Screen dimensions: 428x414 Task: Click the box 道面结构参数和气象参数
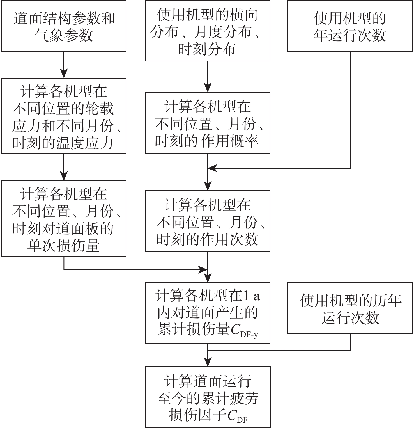click(64, 26)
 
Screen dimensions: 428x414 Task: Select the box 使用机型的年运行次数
click(350, 26)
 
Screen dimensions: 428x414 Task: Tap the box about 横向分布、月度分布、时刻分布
click(207, 31)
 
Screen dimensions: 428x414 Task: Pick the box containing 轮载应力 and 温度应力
click(64, 116)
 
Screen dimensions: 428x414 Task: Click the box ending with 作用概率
click(207, 123)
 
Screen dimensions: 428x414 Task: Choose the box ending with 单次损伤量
click(64, 218)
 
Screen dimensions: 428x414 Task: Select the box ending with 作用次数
click(207, 221)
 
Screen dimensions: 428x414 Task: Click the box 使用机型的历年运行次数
click(350, 308)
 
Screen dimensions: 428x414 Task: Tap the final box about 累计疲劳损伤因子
click(208, 397)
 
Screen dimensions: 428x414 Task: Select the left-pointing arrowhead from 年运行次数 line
click(212, 168)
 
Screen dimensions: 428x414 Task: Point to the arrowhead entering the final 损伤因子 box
click(208, 362)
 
